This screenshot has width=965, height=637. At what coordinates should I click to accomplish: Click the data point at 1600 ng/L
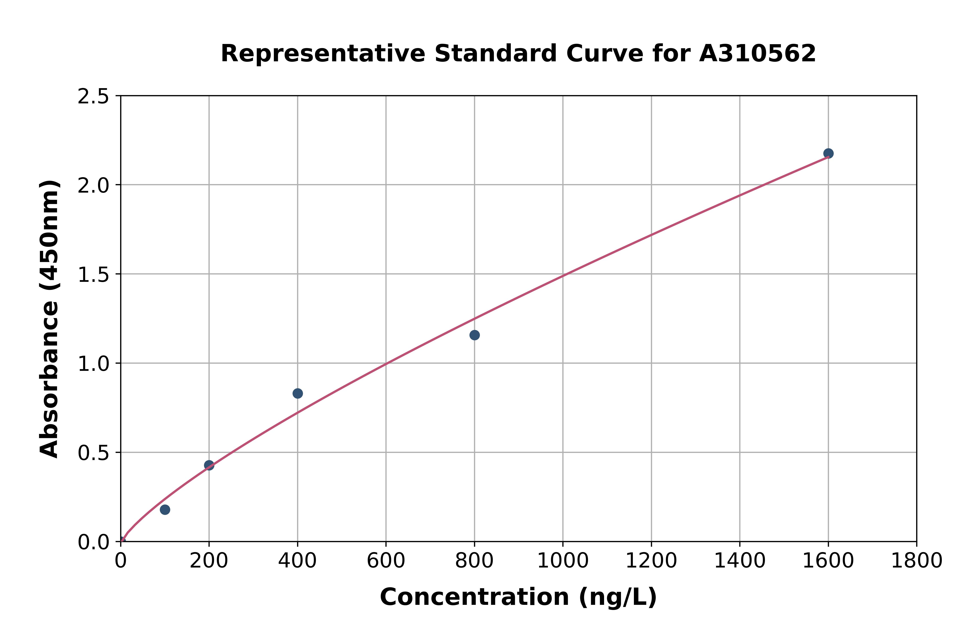(x=828, y=154)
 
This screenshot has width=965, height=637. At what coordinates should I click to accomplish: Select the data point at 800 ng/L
(x=474, y=335)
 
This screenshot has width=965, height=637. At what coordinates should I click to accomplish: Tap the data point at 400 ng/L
(x=298, y=393)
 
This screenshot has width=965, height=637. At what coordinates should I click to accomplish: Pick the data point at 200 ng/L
(x=209, y=465)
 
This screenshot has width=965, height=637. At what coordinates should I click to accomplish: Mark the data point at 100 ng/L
(x=165, y=509)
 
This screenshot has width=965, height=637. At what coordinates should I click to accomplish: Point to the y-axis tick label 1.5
(x=93, y=275)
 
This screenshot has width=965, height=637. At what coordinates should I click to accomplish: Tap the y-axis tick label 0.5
(x=93, y=453)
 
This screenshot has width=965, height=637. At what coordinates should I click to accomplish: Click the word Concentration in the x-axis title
(x=474, y=597)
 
